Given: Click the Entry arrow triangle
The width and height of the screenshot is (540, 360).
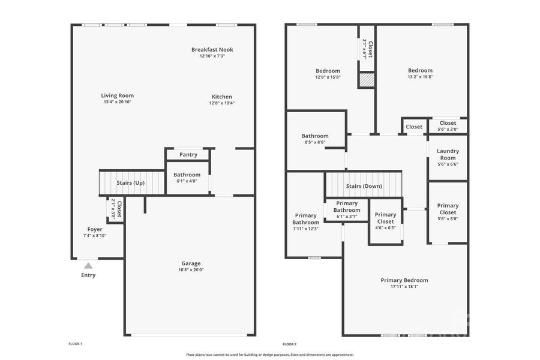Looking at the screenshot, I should [x=88, y=265].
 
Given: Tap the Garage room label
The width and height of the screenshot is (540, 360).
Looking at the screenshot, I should [x=191, y=263].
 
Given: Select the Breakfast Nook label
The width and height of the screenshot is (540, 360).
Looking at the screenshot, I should [x=212, y=50].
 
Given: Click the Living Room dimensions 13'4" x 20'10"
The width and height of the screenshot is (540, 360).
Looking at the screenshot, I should [x=117, y=102].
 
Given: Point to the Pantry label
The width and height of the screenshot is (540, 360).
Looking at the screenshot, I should [x=188, y=155].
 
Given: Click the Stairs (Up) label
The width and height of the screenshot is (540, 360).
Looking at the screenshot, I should [x=130, y=182].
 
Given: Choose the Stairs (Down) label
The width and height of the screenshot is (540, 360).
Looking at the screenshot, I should [x=364, y=186].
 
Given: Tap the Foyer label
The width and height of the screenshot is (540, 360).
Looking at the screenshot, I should [x=95, y=229].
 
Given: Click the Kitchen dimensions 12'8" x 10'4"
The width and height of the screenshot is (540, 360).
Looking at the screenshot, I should [x=221, y=103].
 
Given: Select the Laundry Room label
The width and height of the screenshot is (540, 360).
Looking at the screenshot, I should [x=448, y=155].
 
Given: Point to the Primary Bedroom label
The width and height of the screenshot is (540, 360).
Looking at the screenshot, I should [x=404, y=280].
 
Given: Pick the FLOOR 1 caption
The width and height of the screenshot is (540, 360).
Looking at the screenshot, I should [x=75, y=344].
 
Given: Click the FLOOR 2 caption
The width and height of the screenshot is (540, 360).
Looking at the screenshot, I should [x=289, y=344].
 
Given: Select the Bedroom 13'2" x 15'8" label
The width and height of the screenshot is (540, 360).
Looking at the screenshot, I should [x=420, y=70].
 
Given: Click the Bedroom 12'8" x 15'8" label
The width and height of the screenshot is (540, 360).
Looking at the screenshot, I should [x=328, y=71].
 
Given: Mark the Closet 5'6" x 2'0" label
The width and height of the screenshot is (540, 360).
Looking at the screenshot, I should [x=448, y=123].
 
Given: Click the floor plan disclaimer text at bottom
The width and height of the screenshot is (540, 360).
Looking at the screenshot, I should [x=269, y=355].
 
